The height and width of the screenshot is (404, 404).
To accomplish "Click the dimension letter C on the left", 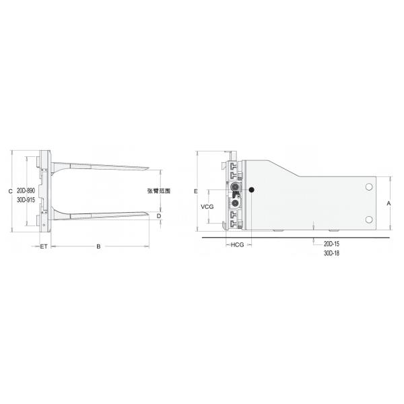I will pyautogui.click(x=10, y=191).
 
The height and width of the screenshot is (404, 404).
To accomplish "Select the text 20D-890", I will pyautogui.click(x=26, y=191).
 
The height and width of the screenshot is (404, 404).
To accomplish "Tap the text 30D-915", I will pyautogui.click(x=26, y=200).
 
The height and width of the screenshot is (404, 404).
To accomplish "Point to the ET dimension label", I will pyautogui.click(x=43, y=247).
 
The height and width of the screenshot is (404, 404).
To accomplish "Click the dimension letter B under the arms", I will pyautogui.click(x=98, y=247).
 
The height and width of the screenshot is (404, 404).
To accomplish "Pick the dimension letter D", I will pyautogui.click(x=159, y=216).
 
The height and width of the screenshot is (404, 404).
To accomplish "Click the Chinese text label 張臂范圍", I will pyautogui.click(x=158, y=191).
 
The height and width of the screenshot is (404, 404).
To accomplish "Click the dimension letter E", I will pyautogui.click(x=195, y=192).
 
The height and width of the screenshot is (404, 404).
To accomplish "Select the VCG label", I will pyautogui.click(x=207, y=207).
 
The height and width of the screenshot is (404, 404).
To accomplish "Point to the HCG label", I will pyautogui.click(x=237, y=245).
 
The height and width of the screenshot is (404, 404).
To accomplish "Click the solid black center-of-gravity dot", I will pyautogui.click(x=251, y=191).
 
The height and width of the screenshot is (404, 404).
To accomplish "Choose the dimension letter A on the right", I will pyautogui.click(x=389, y=203).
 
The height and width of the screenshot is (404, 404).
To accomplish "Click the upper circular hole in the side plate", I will pyautogui.click(x=369, y=187).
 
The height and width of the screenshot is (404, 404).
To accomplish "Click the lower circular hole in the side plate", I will pyautogui.click(x=369, y=220).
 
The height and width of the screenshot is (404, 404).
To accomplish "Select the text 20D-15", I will pyautogui.click(x=331, y=243).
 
